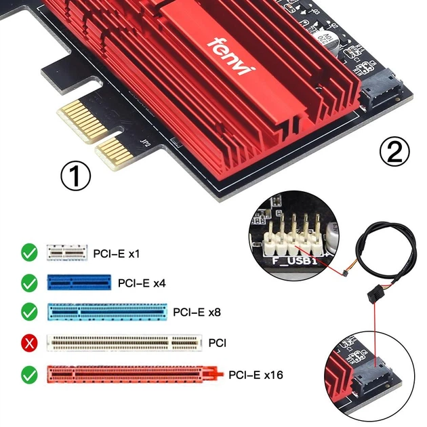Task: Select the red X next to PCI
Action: click(29, 344)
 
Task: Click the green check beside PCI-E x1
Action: click(29, 253)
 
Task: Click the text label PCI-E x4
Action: click(142, 283)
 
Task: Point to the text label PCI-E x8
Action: click(197, 312)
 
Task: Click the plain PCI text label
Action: click(217, 344)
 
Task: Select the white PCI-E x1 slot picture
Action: click(67, 253)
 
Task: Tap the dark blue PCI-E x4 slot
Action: click(78, 282)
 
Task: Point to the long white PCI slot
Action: click(124, 343)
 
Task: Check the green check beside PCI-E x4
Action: click(29, 283)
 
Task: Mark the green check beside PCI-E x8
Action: click(29, 312)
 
